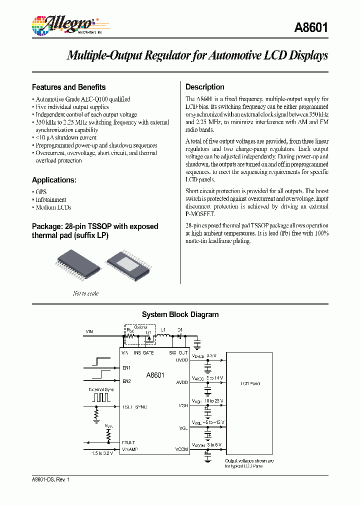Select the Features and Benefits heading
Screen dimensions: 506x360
point(68,87)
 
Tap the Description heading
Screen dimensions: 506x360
point(205,87)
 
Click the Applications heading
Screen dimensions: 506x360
point(54,180)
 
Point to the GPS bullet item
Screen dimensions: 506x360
point(41,192)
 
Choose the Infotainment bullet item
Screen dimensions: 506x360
point(50,199)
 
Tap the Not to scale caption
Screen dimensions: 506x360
point(85,293)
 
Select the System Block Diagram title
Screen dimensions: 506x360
point(180,315)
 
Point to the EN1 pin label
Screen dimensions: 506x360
point(126,368)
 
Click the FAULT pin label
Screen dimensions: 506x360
point(128,442)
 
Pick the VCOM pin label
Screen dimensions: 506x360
point(181,449)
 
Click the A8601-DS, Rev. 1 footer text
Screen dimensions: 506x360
point(50,479)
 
